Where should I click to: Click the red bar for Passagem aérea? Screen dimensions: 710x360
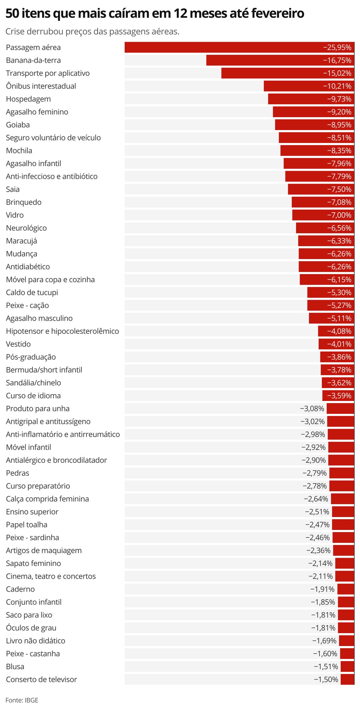click(x=221, y=48)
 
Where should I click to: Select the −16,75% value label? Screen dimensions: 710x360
click(x=337, y=60)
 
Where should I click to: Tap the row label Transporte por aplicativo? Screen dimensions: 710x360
click(x=48, y=73)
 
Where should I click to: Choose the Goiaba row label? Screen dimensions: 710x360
click(x=18, y=125)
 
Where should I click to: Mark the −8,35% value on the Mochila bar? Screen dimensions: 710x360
click(x=339, y=151)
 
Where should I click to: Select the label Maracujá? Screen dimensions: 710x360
click(x=21, y=241)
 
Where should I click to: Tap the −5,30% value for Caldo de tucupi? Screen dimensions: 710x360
click(x=339, y=293)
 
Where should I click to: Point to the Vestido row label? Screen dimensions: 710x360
click(x=18, y=344)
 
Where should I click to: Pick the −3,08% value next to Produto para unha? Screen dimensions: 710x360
click(x=312, y=408)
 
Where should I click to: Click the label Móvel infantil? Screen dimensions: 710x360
click(x=29, y=447)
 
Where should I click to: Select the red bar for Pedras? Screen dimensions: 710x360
click(x=341, y=473)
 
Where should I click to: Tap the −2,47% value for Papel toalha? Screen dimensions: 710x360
click(x=317, y=525)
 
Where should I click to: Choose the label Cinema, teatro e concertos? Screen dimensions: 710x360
click(x=51, y=576)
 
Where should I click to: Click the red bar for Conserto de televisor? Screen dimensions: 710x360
click(x=347, y=679)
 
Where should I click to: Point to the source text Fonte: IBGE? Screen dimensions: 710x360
click(x=22, y=700)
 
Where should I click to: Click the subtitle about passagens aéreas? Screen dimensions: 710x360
click(x=92, y=31)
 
